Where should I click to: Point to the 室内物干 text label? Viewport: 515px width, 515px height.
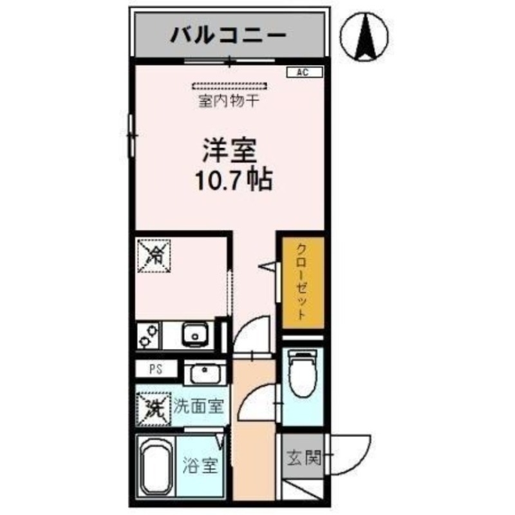coord(229,101)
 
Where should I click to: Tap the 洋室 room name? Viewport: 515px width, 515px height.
coord(230,151)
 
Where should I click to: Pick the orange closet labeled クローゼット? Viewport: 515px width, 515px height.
coord(300,283)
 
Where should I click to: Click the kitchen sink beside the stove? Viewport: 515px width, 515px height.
coord(192,335)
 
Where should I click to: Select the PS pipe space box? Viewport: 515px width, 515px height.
coord(155,370)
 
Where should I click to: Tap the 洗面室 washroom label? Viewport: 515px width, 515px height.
coord(198,407)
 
